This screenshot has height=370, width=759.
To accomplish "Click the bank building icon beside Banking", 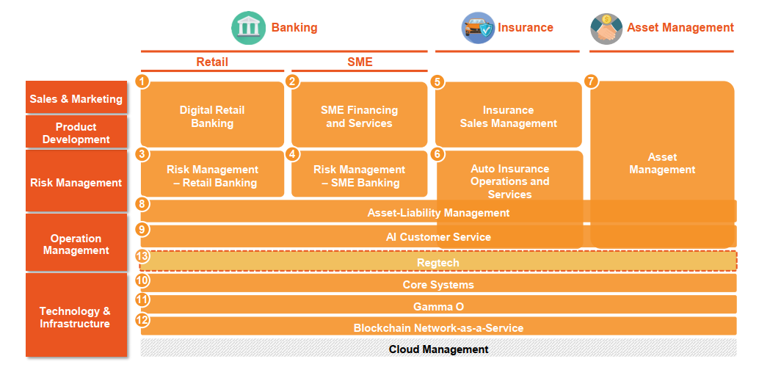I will [249, 28].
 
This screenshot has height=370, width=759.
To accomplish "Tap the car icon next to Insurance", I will [478, 28].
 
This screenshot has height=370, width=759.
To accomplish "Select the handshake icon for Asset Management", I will [606, 28].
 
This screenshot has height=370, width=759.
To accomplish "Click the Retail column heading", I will [212, 62].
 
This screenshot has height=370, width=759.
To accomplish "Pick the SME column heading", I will [360, 62].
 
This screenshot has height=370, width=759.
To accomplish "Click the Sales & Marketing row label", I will [76, 99].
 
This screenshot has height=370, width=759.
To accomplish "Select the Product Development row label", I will [76, 133].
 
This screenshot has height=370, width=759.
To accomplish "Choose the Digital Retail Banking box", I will [212, 117].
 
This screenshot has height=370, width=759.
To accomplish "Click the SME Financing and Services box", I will [360, 117].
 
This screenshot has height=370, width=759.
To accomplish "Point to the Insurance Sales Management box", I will [509, 117].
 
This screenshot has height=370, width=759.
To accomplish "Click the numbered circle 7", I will [592, 81].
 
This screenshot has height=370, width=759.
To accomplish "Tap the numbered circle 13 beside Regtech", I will [142, 256].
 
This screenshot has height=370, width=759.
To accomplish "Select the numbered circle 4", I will [292, 154].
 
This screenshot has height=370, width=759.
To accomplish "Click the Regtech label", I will [438, 263].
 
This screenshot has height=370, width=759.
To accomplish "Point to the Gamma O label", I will [438, 307].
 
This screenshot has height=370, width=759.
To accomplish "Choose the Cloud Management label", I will [438, 349].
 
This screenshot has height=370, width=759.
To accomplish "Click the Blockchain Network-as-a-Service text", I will [438, 328].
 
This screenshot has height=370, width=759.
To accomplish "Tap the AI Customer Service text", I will [438, 237].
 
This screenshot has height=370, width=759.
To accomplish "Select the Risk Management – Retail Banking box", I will [212, 176].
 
